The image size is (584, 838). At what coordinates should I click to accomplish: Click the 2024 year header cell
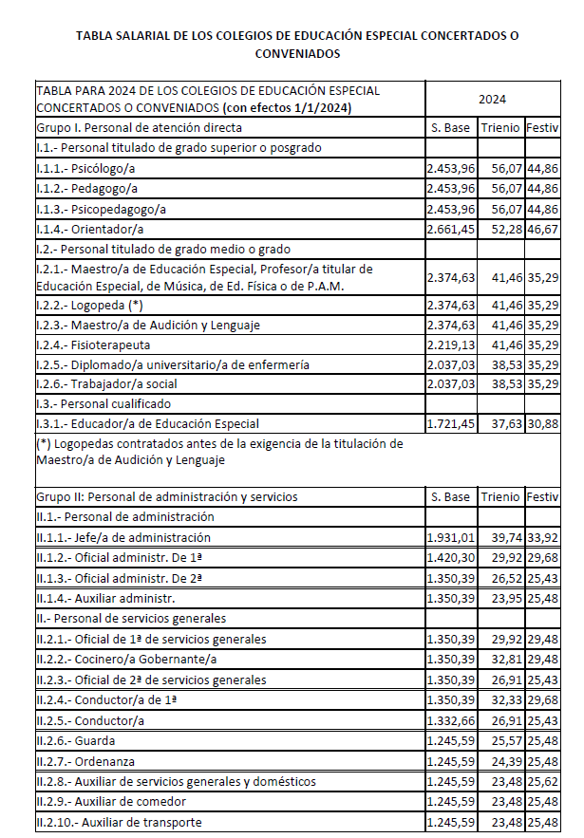[x=492, y=99]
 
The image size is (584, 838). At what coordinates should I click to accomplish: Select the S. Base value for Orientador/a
[x=450, y=229]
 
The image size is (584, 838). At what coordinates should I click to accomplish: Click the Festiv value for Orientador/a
[x=542, y=229]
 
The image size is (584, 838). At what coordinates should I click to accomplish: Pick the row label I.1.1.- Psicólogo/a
[x=84, y=169]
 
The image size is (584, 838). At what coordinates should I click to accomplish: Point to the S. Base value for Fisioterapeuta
[x=450, y=345]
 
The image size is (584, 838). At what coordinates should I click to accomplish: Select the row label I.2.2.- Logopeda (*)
[x=89, y=305]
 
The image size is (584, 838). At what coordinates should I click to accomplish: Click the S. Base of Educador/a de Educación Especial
[x=450, y=423]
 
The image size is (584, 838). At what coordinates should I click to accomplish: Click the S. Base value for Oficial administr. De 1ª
[x=450, y=558]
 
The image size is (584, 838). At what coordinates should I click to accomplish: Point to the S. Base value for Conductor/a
[x=450, y=719]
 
